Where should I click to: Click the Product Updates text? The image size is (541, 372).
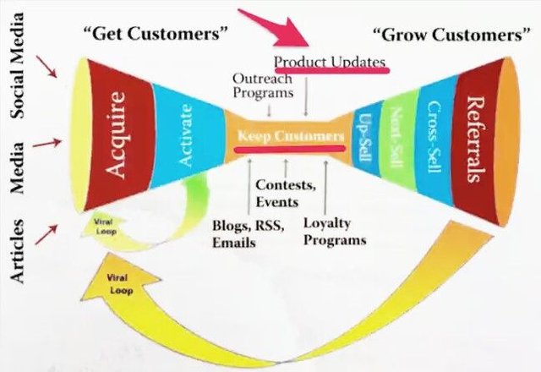click(331, 63)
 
